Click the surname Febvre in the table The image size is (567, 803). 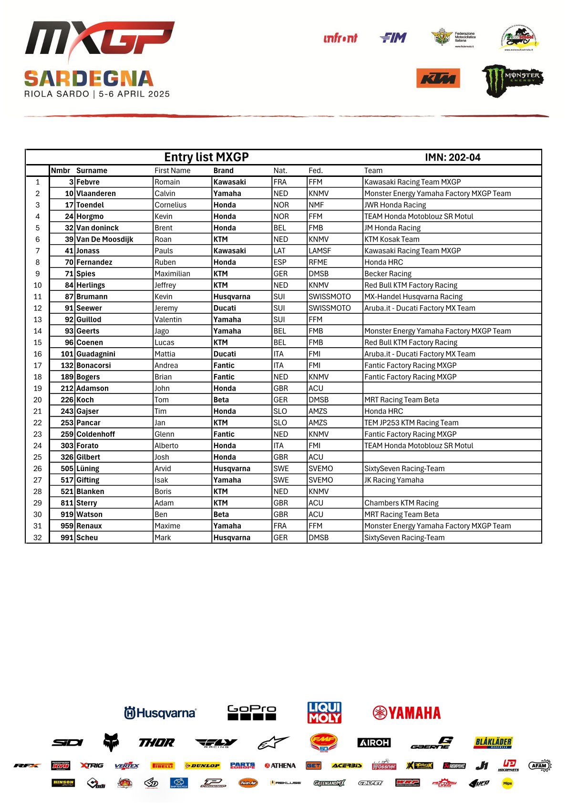[x=88, y=182]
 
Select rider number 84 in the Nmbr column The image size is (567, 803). [x=69, y=285]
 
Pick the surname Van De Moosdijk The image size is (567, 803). [x=105, y=239]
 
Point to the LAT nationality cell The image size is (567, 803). [x=279, y=251]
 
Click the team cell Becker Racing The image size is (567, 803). [x=388, y=274]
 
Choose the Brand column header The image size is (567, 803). [x=224, y=171]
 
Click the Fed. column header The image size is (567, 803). [x=316, y=171]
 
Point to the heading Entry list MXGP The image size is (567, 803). [x=206, y=157]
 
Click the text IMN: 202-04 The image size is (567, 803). [x=453, y=157]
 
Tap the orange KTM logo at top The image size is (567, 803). [x=438, y=78]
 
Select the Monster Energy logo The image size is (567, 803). [x=512, y=80]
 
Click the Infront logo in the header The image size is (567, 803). [x=340, y=38]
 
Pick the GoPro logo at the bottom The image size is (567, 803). [x=252, y=712]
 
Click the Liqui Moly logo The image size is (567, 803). [x=324, y=712]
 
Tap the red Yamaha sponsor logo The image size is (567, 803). [x=407, y=713]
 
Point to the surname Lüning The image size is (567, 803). [x=88, y=469]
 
